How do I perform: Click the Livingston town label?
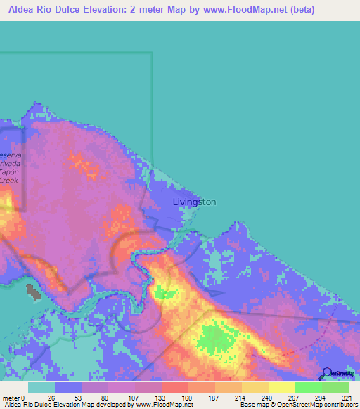pos(194,202)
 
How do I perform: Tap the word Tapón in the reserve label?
pos(10,172)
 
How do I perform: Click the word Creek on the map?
pos(8,181)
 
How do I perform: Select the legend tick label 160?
pos(186,398)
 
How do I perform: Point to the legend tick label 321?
pos(347,398)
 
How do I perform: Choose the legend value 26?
pos(51,398)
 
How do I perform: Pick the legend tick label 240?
pos(266,398)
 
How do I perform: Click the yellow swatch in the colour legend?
pos(281,387)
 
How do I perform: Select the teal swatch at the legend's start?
pos(41,387)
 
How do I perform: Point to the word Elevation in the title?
pos(114,10)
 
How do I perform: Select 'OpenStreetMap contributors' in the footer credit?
pos(314,405)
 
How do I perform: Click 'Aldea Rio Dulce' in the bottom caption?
pos(28,405)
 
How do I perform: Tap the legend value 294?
pos(320,398)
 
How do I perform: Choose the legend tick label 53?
pos(78,398)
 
